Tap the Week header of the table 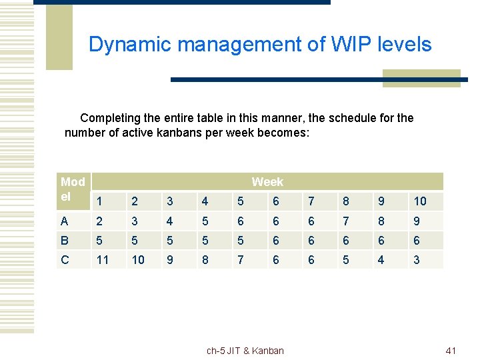tap(267, 181)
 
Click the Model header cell tap(73, 189)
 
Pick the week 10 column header tap(420, 201)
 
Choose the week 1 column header tap(99, 201)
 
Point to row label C tap(65, 260)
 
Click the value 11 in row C tap(103, 260)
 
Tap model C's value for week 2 tap(138, 260)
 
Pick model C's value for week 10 tap(417, 260)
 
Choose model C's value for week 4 tap(205, 260)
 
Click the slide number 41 tap(451, 351)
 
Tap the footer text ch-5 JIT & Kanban tap(245, 351)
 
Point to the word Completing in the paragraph tap(110, 118)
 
